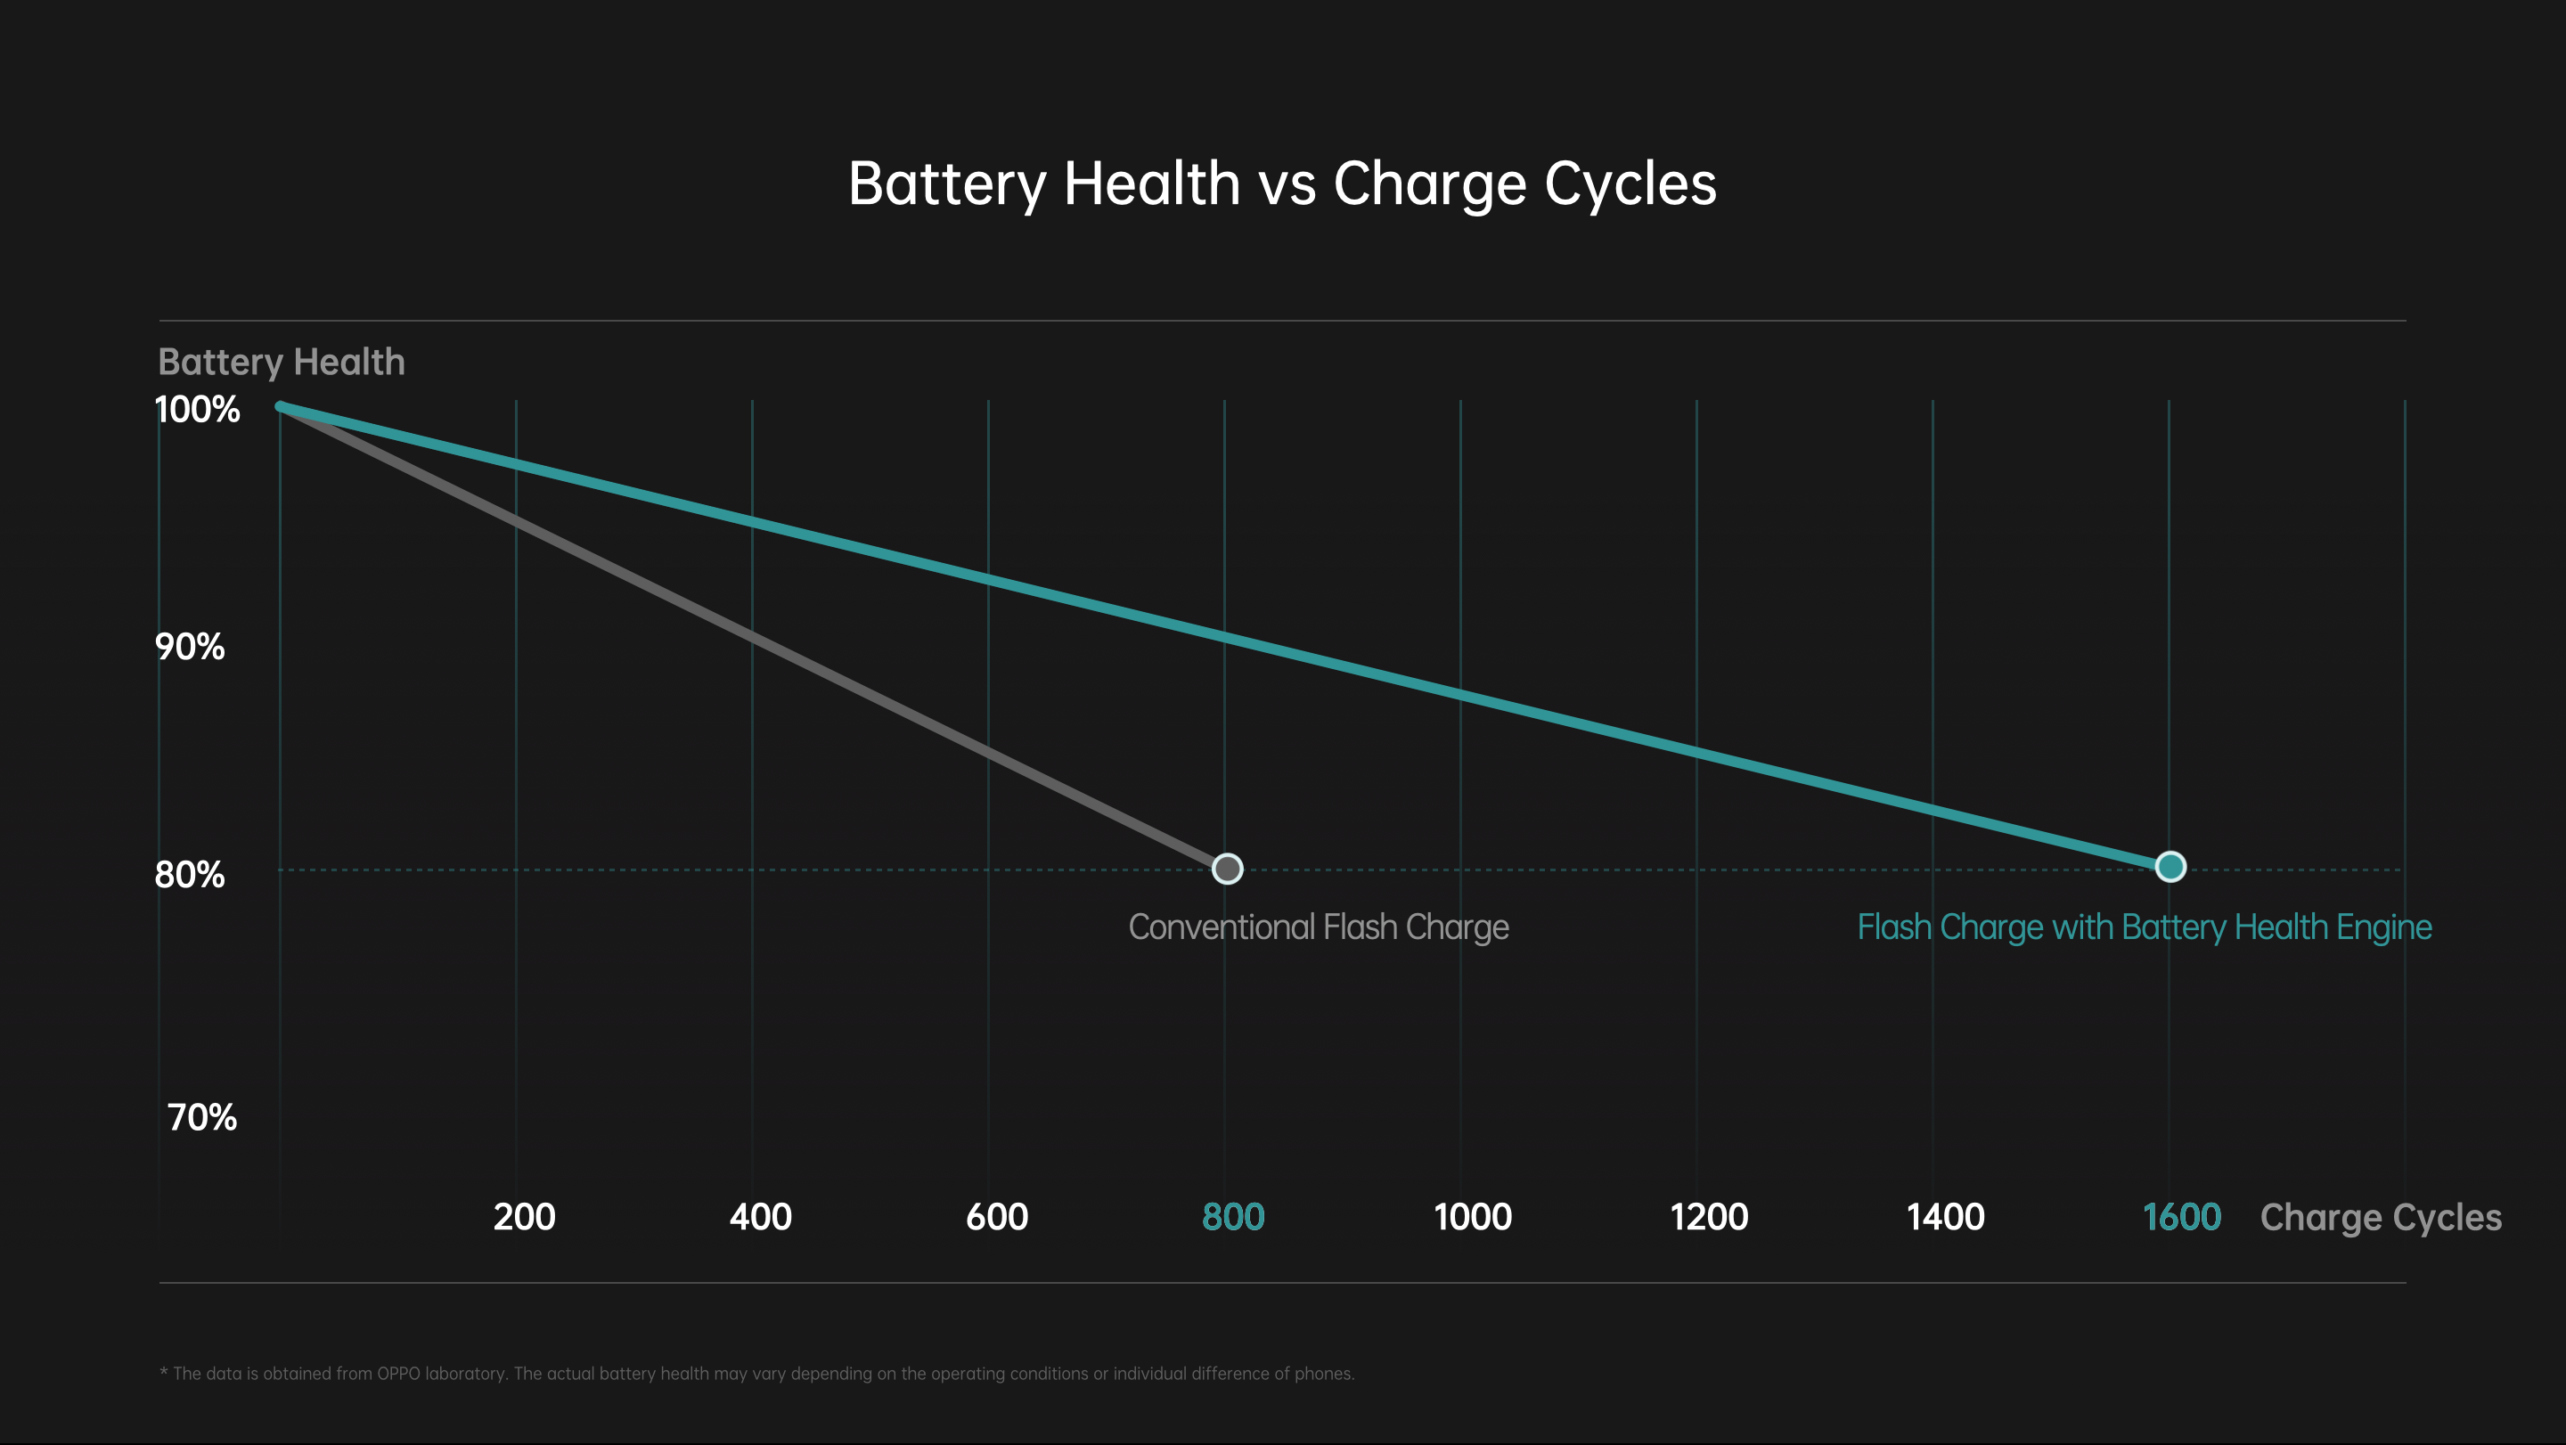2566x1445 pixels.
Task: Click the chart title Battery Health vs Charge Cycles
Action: pyautogui.click(x=1282, y=184)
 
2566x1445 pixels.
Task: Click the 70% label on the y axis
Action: pyautogui.click(x=202, y=1118)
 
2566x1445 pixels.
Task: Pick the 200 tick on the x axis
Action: pyautogui.click(x=524, y=1217)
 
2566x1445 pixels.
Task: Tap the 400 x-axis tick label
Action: pyautogui.click(x=760, y=1217)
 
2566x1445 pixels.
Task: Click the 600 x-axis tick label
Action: pyautogui.click(x=996, y=1217)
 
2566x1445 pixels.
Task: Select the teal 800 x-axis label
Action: pyautogui.click(x=1232, y=1217)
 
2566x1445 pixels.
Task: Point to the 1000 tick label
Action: pyautogui.click(x=1472, y=1217)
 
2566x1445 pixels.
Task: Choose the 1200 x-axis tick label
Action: pyautogui.click(x=1708, y=1217)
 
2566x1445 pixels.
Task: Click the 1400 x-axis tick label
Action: pyautogui.click(x=1944, y=1217)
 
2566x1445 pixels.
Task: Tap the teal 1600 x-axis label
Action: pyautogui.click(x=2181, y=1217)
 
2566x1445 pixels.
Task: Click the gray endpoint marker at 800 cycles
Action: pyautogui.click(x=1227, y=869)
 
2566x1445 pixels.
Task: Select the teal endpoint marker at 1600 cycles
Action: pyautogui.click(x=2170, y=868)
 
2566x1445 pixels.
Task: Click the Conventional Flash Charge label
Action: pyautogui.click(x=1318, y=928)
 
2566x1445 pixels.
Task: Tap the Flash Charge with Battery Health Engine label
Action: pyautogui.click(x=2144, y=928)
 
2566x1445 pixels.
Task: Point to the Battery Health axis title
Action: pyautogui.click(x=281, y=363)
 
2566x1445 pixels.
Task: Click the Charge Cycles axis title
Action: pyautogui.click(x=2380, y=1218)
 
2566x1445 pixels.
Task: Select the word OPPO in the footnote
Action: pyautogui.click(x=397, y=1375)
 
